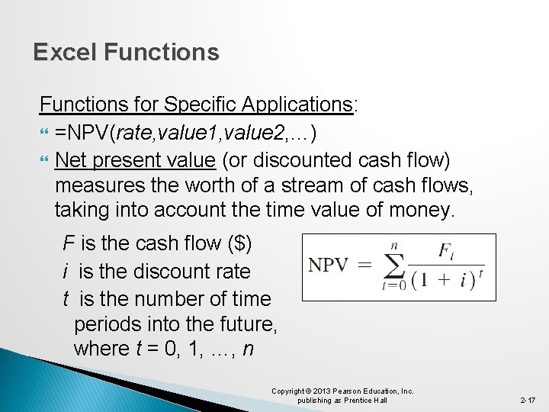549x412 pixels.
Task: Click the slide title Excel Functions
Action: pyautogui.click(x=126, y=53)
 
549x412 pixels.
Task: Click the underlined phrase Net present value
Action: pyautogui.click(x=135, y=161)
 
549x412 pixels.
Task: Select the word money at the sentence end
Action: pyautogui.click(x=421, y=210)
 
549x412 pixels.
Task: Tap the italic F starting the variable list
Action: pyautogui.click(x=69, y=244)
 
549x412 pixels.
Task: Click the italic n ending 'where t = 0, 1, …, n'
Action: pyautogui.click(x=249, y=349)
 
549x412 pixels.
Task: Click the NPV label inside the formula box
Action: pyautogui.click(x=328, y=266)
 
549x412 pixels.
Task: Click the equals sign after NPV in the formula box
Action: pyautogui.click(x=365, y=266)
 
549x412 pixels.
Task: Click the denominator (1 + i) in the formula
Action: pyautogui.click(x=443, y=280)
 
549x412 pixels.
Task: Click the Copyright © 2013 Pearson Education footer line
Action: pyautogui.click(x=342, y=391)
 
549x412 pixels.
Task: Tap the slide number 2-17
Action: pyautogui.click(x=528, y=400)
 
